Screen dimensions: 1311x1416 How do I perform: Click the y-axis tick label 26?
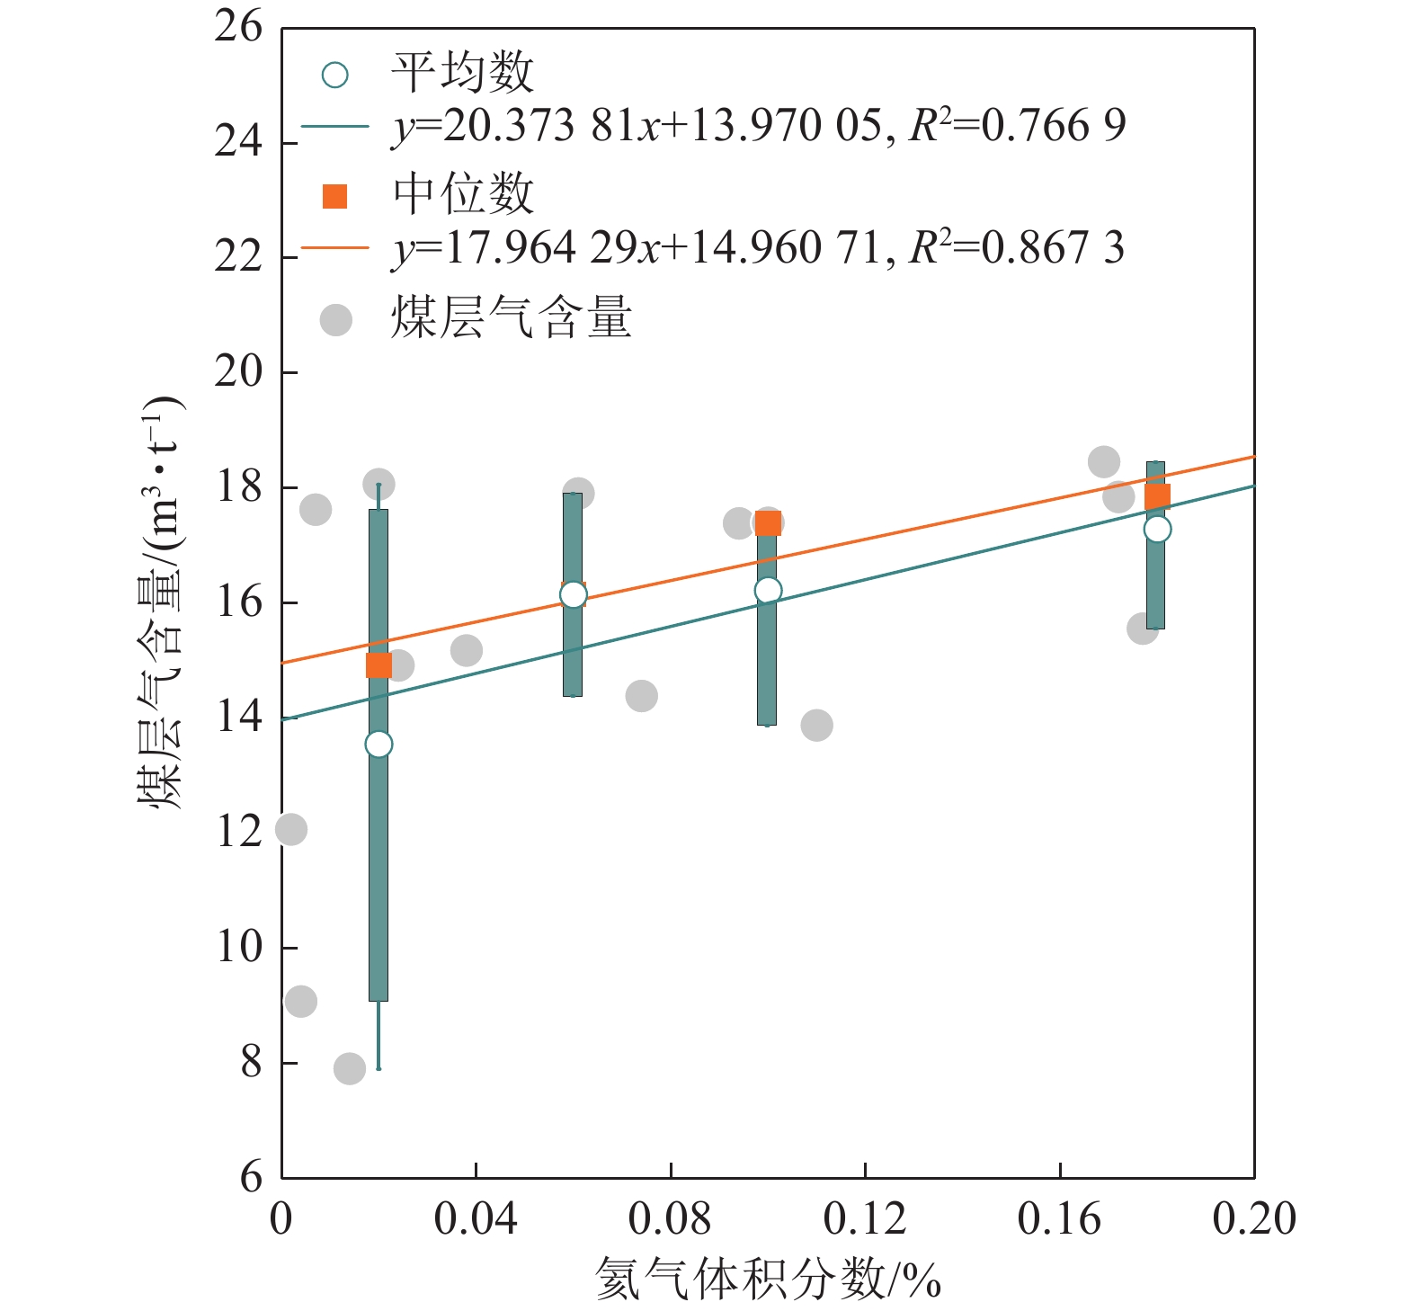[x=238, y=27]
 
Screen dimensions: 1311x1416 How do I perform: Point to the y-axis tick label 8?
[x=251, y=1063]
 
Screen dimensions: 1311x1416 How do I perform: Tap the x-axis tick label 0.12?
[x=865, y=1219]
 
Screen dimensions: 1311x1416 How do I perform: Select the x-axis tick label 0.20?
[x=1253, y=1219]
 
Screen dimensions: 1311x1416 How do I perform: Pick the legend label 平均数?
[x=463, y=73]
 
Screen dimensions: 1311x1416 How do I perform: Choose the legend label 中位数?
[x=463, y=194]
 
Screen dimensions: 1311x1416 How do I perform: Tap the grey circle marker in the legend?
[x=336, y=319]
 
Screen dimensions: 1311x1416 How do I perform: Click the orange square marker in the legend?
[x=335, y=196]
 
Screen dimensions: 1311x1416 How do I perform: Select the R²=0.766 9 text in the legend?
[x=1017, y=125]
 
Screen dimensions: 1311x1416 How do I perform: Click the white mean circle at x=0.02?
[x=378, y=745]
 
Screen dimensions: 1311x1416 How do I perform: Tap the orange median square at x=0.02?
[x=378, y=665]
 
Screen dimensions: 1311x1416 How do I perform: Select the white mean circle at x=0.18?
[x=1157, y=529]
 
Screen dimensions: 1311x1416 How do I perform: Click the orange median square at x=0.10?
[x=768, y=523]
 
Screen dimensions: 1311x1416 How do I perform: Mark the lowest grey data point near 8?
[x=350, y=1068]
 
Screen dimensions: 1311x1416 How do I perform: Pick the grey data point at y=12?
[x=290, y=829]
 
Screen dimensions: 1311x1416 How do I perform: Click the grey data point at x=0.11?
[x=816, y=725]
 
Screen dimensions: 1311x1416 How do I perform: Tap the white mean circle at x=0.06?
[x=573, y=594]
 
